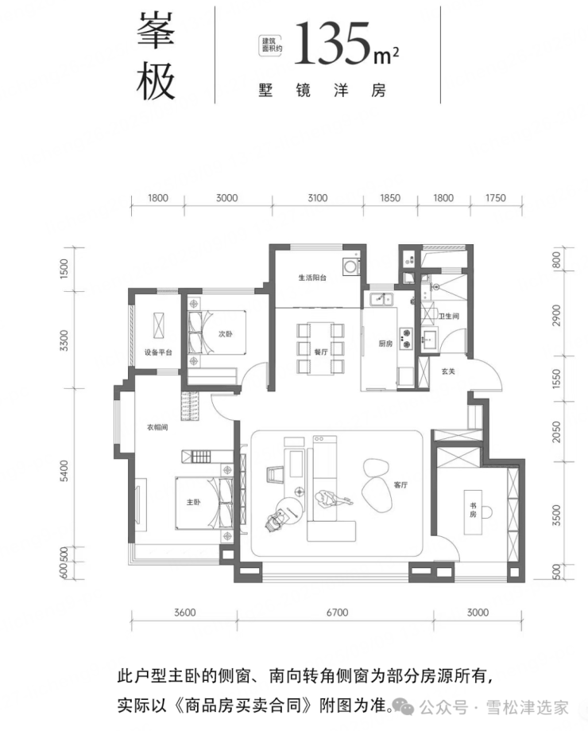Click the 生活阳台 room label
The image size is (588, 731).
tap(312, 278)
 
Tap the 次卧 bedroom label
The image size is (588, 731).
tap(226, 334)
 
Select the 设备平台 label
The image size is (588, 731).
tap(158, 352)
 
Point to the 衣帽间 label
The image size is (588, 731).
tap(157, 427)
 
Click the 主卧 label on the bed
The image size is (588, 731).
tap(194, 502)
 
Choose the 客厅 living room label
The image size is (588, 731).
tap(400, 485)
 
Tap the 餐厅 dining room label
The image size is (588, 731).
tap(321, 352)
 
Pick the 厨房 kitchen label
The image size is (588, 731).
tap(385, 344)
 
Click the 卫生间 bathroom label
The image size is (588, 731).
tap(449, 316)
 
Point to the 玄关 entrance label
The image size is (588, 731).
tap(448, 371)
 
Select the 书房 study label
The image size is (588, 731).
tap(473, 510)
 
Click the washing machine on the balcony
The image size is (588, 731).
tap(350, 266)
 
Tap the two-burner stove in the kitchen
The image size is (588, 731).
tap(406, 339)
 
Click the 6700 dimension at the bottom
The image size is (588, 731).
tap(337, 612)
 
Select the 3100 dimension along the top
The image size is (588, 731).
tap(318, 198)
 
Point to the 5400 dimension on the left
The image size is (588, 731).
tap(64, 471)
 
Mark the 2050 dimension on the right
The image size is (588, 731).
tap(556, 432)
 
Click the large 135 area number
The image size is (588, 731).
tap(331, 43)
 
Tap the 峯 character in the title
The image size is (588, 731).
tap(156, 29)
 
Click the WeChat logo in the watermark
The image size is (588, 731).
tap(403, 707)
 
